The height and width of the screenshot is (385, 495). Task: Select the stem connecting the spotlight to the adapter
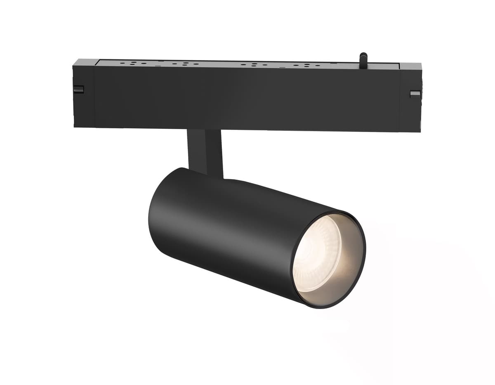point(205,151)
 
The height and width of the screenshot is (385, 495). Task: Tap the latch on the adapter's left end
point(78,89)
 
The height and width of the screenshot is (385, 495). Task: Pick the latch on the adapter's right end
point(415,94)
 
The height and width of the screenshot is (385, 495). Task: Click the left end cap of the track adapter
point(84,95)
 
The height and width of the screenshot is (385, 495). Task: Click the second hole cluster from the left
point(184,64)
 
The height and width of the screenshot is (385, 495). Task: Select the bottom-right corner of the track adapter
point(420,131)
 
